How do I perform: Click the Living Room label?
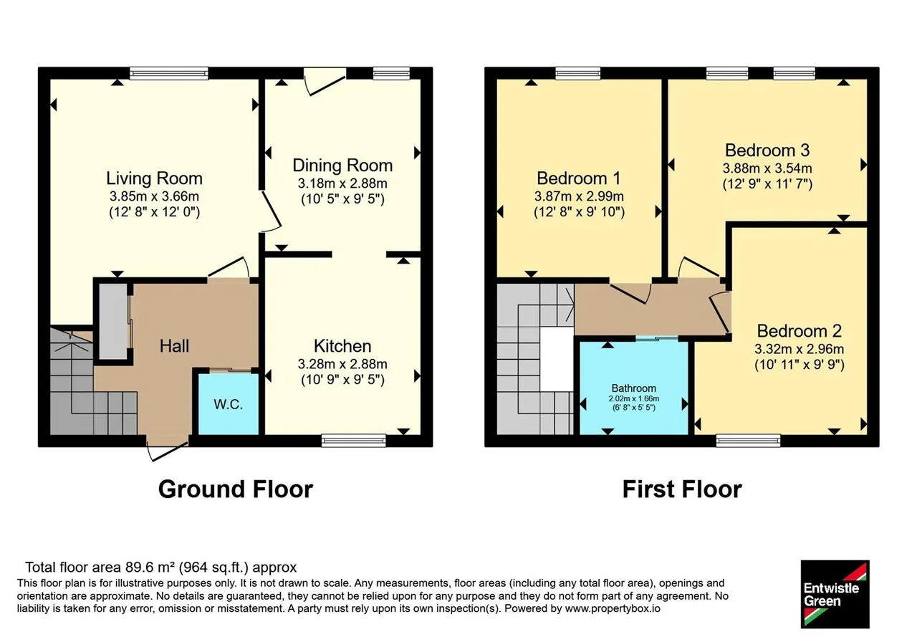pos(154,178)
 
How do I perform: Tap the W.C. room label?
pos(228,405)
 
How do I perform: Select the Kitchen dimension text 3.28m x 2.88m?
pos(342,364)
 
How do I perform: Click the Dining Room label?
pos(342,166)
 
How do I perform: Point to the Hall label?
pos(174,346)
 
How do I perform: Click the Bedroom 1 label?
pos(579,178)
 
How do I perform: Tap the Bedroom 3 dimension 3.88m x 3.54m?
pos(767,168)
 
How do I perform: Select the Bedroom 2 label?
pos(799,331)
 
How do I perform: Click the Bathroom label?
pos(634,388)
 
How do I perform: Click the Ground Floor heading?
pos(236,489)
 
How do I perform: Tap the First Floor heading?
pos(682,489)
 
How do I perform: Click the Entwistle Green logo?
pos(835,594)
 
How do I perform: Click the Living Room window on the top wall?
pos(169,73)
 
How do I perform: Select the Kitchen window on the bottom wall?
pos(354,441)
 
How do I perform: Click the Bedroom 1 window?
pos(578,73)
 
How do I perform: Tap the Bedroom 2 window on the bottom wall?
pos(749,441)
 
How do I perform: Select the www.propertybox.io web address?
pos(613,608)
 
